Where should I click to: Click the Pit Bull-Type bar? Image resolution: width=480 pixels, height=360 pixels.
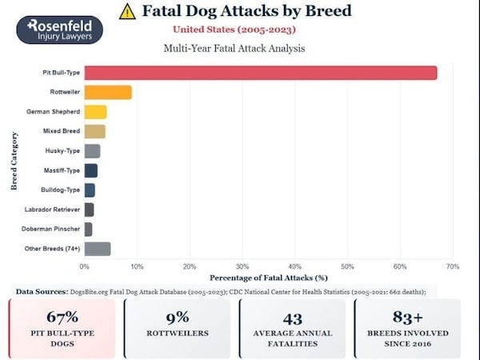pyautogui.click(x=260, y=73)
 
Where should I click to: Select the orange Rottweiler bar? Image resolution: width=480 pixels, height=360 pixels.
pyautogui.click(x=107, y=92)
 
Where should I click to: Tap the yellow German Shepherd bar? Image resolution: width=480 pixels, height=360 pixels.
pyautogui.click(x=95, y=111)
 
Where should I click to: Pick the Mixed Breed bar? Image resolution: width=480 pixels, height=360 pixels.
pyautogui.click(x=94, y=130)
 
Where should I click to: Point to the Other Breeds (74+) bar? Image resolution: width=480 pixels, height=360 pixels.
pyautogui.click(x=97, y=249)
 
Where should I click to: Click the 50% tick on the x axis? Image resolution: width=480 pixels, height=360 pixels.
pyautogui.click(x=347, y=266)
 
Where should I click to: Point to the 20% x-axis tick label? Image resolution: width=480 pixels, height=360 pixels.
pyautogui.click(x=190, y=266)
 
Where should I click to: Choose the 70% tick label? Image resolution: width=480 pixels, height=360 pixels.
pyautogui.click(x=452, y=266)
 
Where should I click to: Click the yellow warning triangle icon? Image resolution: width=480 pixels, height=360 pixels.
pyautogui.click(x=127, y=12)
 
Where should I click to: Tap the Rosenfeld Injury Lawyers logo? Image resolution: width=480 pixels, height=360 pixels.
pyautogui.click(x=59, y=28)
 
